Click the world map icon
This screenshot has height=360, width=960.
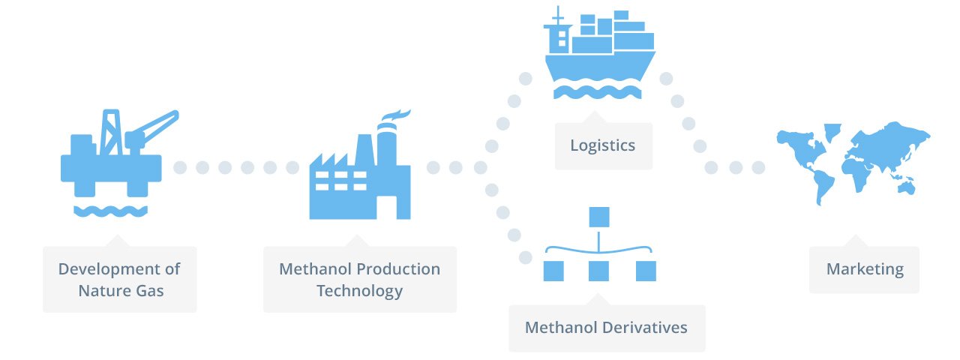[x=853, y=163]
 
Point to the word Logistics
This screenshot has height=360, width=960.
[x=602, y=145]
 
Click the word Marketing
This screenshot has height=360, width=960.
[x=865, y=269]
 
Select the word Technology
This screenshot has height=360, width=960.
[x=359, y=292]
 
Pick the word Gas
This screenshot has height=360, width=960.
[x=149, y=291]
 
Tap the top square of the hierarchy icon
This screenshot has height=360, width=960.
[x=599, y=217]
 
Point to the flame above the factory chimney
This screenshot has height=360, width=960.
[x=396, y=115]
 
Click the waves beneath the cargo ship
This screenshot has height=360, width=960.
[x=598, y=92]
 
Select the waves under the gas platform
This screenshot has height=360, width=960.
[x=110, y=211]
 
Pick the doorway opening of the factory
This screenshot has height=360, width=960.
[x=386, y=208]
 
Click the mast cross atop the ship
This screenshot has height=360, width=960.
[x=557, y=16]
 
